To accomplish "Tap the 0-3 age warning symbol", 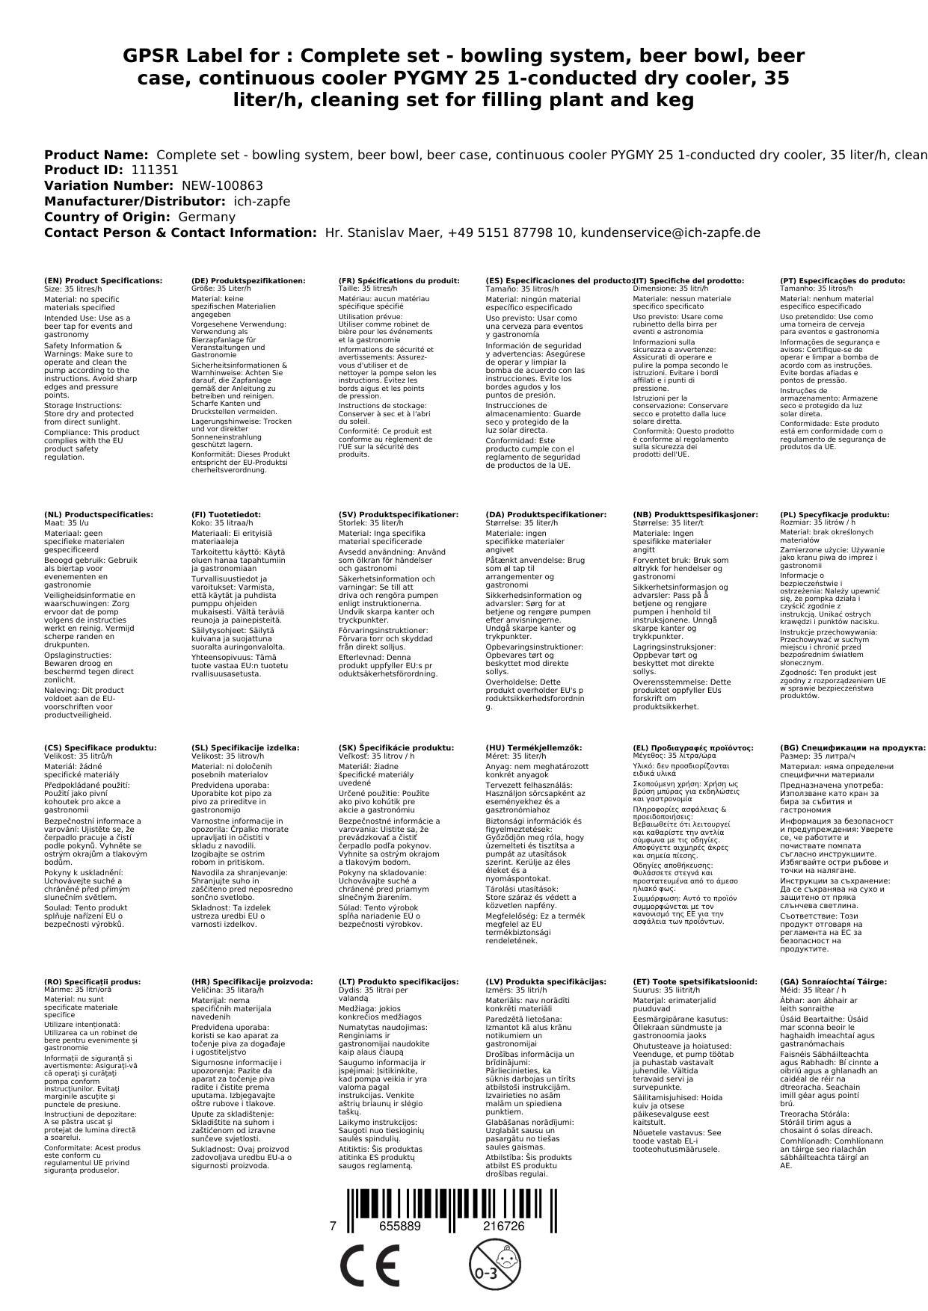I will (x=493, y=1266).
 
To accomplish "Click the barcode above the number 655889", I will (x=452, y=1195).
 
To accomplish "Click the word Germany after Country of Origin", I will (x=206, y=218).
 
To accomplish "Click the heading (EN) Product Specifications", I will (x=103, y=281).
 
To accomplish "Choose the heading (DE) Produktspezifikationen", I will (x=248, y=281).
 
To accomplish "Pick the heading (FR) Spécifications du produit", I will (x=399, y=281).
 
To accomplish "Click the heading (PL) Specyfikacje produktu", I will (x=835, y=515).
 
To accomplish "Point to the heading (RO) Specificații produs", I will (x=93, y=982).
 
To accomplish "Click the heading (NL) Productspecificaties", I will (x=99, y=515).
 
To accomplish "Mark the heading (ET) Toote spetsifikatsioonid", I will (x=695, y=982).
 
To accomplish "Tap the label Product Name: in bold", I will (x=96, y=155).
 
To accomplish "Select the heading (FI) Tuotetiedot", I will (x=226, y=515).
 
